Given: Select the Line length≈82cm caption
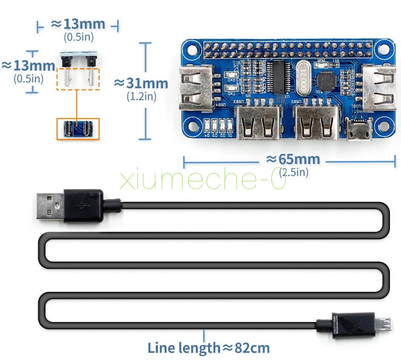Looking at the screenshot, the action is point(209,348).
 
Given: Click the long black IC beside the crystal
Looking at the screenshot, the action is point(280,77).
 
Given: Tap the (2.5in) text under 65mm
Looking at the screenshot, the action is point(294,173).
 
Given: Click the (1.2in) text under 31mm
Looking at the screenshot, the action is point(141,96).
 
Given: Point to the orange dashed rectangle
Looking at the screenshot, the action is point(78,78).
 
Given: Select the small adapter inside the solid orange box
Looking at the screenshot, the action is point(78,129).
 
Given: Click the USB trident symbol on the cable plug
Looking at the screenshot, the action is point(82,205).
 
